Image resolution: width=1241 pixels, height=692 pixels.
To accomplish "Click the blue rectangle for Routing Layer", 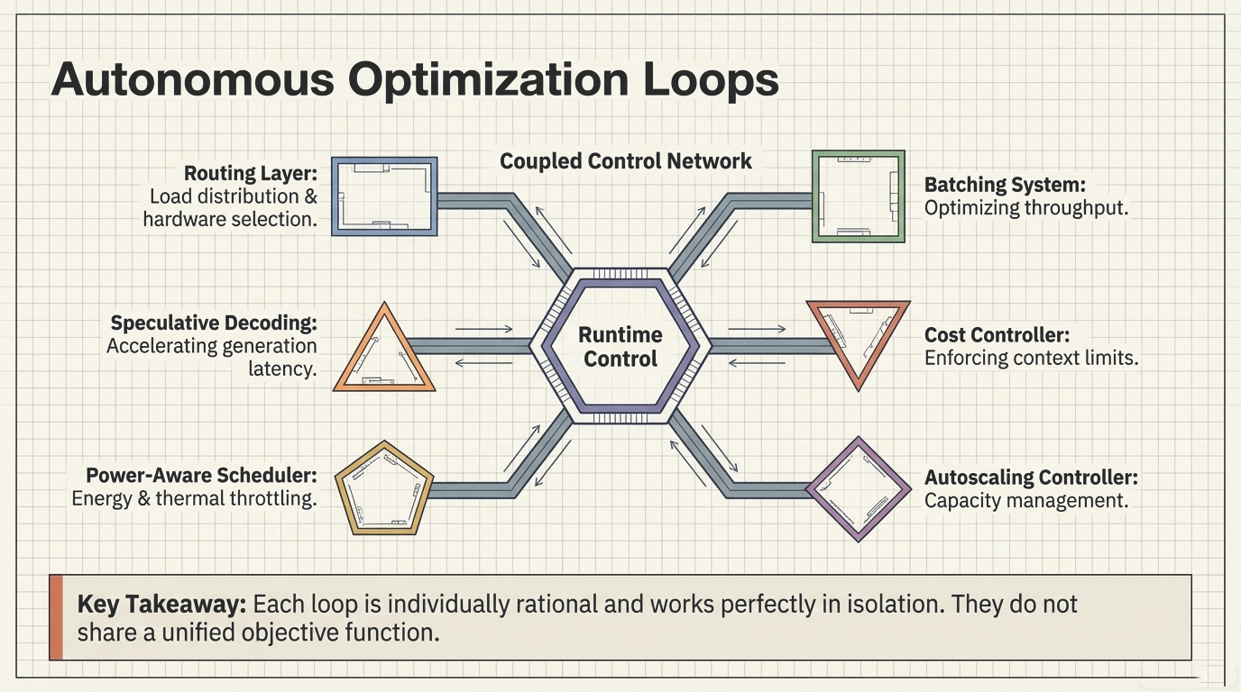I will tap(384, 196).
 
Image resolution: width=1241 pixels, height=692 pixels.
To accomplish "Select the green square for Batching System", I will tap(858, 196).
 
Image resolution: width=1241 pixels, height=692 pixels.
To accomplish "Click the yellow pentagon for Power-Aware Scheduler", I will tap(384, 488).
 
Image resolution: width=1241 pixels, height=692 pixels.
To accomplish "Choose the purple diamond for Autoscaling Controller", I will tap(858, 488).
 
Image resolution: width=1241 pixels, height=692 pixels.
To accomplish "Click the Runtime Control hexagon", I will tap(620, 347).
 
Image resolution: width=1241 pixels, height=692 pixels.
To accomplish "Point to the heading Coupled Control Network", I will tap(625, 161).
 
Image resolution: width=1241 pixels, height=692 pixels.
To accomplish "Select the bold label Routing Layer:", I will tap(251, 173).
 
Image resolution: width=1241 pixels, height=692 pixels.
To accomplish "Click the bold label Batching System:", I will tap(1005, 185).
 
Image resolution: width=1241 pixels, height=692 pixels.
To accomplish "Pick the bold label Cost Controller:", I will tap(997, 335).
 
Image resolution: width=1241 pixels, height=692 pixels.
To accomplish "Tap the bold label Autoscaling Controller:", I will tap(1031, 478).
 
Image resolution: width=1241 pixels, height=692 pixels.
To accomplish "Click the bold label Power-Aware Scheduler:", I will tap(201, 475).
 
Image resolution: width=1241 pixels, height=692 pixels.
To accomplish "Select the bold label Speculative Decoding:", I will tap(214, 323).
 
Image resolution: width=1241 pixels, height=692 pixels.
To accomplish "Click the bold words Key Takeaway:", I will tap(161, 604).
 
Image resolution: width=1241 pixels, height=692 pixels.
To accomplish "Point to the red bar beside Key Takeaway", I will tap(56, 617).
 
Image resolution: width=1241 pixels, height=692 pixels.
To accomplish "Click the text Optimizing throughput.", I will tap(1026, 208).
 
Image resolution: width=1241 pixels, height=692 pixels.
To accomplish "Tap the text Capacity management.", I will tap(1026, 501).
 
